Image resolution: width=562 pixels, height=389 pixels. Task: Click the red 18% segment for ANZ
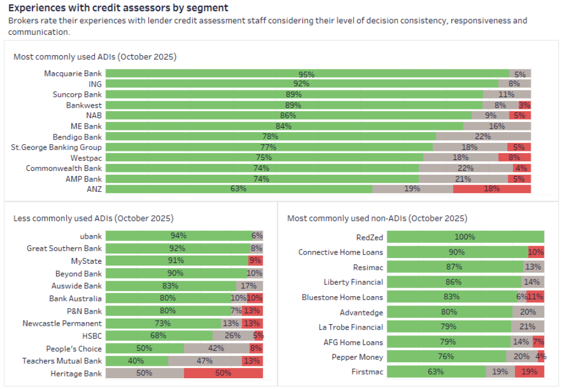click(x=492, y=189)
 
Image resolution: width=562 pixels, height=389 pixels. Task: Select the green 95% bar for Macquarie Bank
click(x=307, y=74)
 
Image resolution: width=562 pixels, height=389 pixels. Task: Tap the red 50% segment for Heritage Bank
click(x=223, y=374)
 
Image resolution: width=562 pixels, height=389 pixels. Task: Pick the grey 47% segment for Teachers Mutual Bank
click(x=205, y=361)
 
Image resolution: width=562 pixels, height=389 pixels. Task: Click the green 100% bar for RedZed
click(x=464, y=238)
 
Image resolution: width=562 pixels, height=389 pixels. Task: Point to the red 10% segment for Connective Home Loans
click(x=536, y=252)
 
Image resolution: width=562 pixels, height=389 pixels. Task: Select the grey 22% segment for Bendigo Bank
click(x=483, y=137)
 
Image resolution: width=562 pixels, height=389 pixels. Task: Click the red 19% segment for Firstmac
click(x=529, y=372)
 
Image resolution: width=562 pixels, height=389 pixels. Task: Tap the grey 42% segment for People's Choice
click(x=216, y=349)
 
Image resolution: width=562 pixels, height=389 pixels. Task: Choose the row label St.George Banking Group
click(x=56, y=148)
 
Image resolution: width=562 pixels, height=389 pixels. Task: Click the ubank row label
click(x=91, y=236)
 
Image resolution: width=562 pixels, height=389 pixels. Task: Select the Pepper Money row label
click(x=358, y=357)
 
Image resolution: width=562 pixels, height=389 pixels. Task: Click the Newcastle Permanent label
click(x=62, y=324)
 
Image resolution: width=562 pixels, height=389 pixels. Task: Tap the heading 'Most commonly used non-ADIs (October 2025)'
click(x=377, y=218)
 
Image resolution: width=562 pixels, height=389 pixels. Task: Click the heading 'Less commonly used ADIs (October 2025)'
click(x=94, y=218)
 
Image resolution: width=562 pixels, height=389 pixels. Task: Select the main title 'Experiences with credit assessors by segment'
click(x=118, y=8)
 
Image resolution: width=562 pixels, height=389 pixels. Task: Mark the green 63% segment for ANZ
click(x=238, y=189)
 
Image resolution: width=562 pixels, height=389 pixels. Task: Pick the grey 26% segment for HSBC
click(x=232, y=336)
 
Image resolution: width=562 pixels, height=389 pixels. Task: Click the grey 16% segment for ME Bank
click(x=496, y=126)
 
